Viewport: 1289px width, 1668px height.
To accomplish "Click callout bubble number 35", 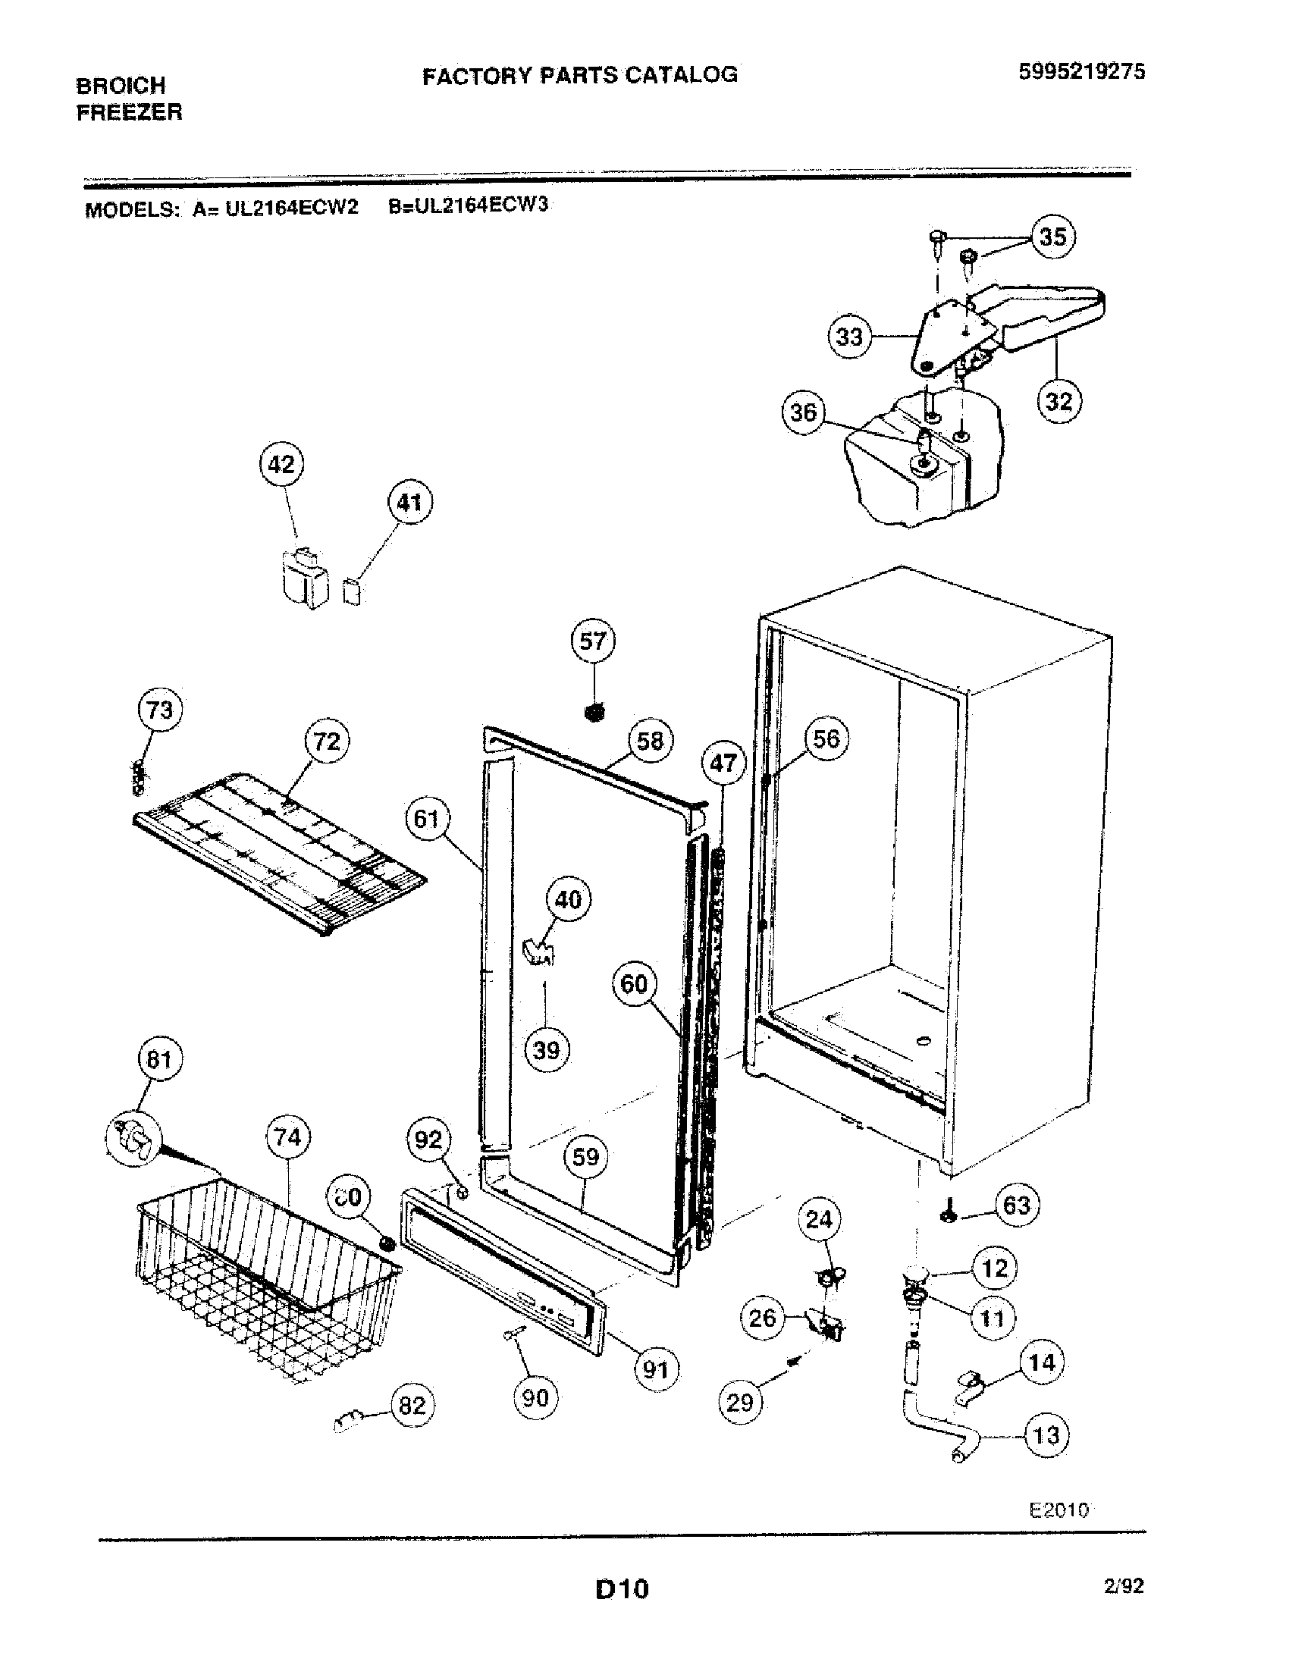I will tap(1052, 237).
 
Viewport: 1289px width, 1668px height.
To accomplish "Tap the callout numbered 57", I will tap(593, 641).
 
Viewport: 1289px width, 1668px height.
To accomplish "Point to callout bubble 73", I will tap(159, 710).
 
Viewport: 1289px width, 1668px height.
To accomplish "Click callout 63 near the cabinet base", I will tap(1016, 1206).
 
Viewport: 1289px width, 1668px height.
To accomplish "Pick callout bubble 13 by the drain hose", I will tap(1046, 1435).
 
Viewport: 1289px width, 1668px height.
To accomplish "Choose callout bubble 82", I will tap(412, 1404).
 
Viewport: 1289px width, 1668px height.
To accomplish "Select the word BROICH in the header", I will tap(121, 85).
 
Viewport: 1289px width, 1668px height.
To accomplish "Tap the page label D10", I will tap(622, 1589).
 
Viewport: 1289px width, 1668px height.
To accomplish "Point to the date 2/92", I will tap(1123, 1586).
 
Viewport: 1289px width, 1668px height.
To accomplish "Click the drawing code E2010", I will tap(1058, 1509).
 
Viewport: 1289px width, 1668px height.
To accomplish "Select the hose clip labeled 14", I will tap(966, 1383).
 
